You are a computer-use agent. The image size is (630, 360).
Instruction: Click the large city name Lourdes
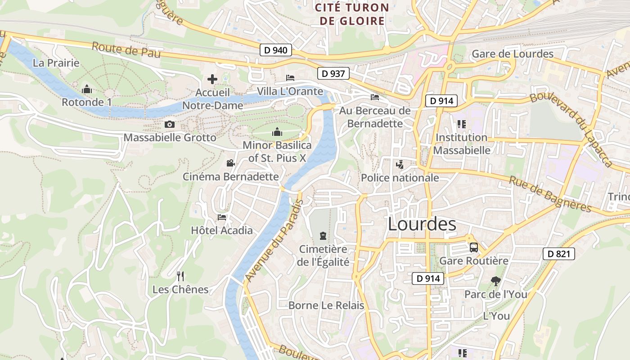tap(422, 224)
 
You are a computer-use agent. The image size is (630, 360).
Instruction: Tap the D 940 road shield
tap(276, 50)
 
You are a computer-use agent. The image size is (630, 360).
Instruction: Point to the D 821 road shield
tap(559, 254)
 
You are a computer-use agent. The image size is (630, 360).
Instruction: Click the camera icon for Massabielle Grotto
tap(170, 124)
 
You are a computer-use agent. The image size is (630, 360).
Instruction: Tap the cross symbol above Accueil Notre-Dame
tap(212, 80)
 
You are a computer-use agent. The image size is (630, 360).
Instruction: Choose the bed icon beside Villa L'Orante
tap(290, 78)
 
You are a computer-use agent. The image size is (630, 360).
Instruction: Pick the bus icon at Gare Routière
tap(473, 247)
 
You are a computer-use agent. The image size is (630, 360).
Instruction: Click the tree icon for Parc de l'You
tap(495, 281)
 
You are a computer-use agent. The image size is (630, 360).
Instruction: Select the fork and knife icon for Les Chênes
tap(180, 276)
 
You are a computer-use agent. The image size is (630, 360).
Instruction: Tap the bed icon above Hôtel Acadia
tap(222, 217)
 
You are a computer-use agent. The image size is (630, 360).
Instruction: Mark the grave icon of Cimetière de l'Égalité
tap(323, 235)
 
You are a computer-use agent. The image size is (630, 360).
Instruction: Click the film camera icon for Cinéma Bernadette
tap(230, 163)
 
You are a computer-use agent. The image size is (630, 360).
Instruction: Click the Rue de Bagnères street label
tap(550, 193)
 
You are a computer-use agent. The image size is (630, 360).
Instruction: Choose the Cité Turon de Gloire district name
tap(352, 14)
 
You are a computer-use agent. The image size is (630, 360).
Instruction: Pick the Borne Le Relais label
tap(326, 305)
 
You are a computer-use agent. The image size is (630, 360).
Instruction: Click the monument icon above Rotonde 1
tap(87, 89)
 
